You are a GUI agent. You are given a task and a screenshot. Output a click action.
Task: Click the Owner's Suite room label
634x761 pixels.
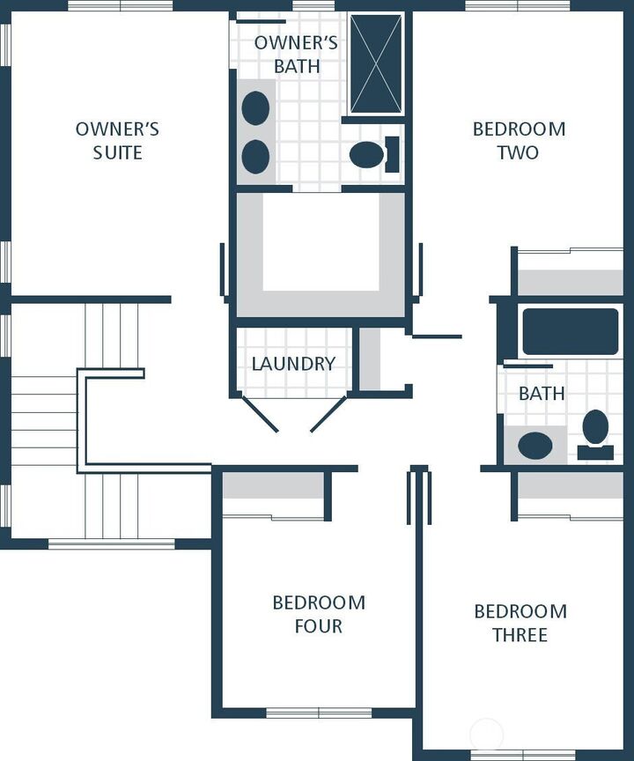(117, 141)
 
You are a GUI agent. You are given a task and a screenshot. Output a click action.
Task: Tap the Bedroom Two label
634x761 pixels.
(519, 141)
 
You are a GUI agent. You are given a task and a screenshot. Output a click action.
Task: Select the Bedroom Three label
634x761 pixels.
(520, 623)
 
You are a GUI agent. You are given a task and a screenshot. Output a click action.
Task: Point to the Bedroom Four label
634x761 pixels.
(319, 614)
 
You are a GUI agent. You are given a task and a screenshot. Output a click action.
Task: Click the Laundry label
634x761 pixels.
(293, 364)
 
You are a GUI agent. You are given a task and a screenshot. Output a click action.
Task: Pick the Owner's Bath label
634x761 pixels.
(296, 54)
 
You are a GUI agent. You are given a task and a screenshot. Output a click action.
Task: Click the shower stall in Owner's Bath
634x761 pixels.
(376, 63)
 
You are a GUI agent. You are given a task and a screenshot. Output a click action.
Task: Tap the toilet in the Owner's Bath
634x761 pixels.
(374, 154)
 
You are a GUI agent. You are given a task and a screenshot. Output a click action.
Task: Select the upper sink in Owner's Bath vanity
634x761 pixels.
(255, 107)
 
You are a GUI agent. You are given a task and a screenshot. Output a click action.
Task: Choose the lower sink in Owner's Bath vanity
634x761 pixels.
(255, 156)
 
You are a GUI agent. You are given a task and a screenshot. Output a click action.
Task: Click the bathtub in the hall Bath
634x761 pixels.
(570, 331)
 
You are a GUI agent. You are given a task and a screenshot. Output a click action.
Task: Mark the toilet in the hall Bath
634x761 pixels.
(595, 434)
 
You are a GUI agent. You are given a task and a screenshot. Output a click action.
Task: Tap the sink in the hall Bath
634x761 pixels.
(535, 445)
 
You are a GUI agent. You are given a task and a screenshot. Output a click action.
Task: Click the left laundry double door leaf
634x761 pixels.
(260, 413)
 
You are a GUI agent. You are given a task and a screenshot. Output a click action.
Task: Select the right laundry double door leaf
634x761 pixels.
(328, 413)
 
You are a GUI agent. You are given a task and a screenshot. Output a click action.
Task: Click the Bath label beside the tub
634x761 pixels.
(542, 393)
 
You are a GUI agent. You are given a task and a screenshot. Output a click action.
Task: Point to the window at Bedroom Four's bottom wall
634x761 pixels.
(319, 713)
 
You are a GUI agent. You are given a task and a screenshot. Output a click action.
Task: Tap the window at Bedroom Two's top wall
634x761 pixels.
(518, 5)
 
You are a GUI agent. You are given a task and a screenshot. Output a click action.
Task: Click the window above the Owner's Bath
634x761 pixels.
(313, 5)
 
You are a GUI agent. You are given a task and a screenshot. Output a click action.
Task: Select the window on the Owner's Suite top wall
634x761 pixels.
(120, 5)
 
